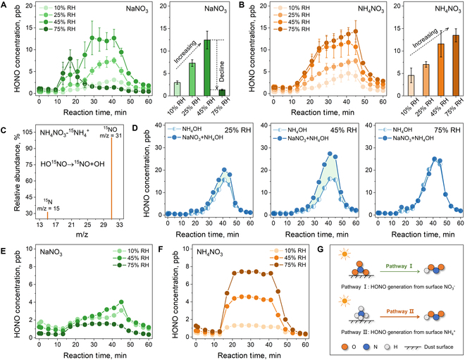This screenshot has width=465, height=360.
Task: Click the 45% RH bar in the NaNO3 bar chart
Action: [207, 68]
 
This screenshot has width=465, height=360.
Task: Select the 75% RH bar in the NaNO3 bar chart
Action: [222, 93]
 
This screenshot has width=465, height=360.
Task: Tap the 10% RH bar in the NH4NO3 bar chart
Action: [411, 85]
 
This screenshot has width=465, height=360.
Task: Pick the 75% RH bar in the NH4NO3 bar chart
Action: [456, 66]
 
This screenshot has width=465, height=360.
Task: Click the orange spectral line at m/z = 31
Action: [111, 178]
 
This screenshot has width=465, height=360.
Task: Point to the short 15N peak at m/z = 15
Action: [47, 216]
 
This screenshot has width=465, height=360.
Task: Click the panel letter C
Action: [4, 130]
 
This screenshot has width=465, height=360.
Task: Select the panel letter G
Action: [321, 249]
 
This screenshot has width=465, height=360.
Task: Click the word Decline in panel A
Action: [221, 71]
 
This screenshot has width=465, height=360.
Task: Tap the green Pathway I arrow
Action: [400, 271]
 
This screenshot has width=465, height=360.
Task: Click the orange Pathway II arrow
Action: [400, 317]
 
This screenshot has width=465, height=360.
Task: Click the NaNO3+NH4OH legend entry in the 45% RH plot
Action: [301, 138]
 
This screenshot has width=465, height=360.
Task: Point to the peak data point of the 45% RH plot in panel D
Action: [330, 154]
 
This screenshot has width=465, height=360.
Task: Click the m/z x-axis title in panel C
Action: [80, 235]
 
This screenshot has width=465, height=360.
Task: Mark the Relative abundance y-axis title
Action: [17, 175]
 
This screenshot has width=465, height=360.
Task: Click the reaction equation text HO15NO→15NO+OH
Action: [73, 163]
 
